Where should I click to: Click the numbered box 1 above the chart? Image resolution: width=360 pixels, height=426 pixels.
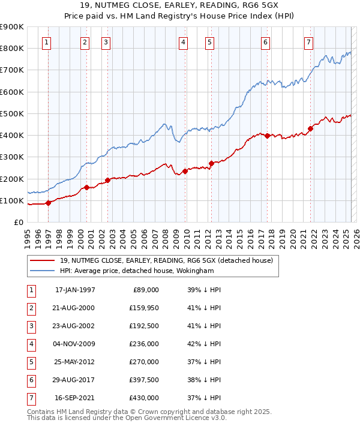pyautogui.click(x=47, y=42)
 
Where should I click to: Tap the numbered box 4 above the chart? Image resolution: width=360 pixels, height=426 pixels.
pyautogui.click(x=182, y=42)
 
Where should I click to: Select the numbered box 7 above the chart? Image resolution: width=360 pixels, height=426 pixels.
pyautogui.click(x=308, y=42)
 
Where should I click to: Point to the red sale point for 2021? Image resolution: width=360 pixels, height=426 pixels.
pyautogui.click(x=310, y=128)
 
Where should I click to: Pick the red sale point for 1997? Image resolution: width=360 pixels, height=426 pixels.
pyautogui.click(x=48, y=203)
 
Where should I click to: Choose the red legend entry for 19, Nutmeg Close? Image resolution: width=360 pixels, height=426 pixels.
pyautogui.click(x=166, y=260)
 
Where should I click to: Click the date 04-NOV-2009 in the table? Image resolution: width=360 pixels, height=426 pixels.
pyautogui.click(x=74, y=344)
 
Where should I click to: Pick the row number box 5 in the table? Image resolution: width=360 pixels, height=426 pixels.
pyautogui.click(x=30, y=362)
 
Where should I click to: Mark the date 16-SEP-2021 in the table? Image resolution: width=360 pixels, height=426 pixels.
pyautogui.click(x=74, y=398)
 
